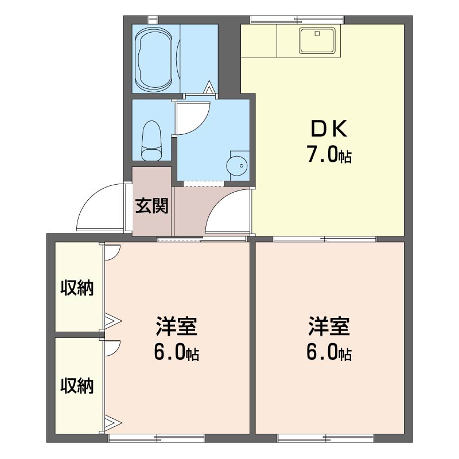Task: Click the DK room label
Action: [x=329, y=129]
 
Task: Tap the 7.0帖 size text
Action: [x=329, y=154]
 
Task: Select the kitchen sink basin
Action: [x=317, y=41]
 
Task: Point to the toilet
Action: [x=151, y=141]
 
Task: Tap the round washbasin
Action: [x=237, y=166]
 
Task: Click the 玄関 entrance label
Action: [x=151, y=205]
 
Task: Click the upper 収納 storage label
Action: [x=77, y=288]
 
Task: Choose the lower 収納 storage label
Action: [x=77, y=385]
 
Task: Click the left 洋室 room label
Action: [x=177, y=326]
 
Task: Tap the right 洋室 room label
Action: [x=329, y=326]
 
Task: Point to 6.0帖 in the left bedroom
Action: [x=177, y=352]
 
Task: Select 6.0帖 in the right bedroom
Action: [x=329, y=352]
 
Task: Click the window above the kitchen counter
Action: [x=297, y=20]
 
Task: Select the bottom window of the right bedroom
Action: [x=326, y=438]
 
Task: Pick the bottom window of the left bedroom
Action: [x=157, y=438]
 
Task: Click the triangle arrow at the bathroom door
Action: [x=209, y=87]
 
